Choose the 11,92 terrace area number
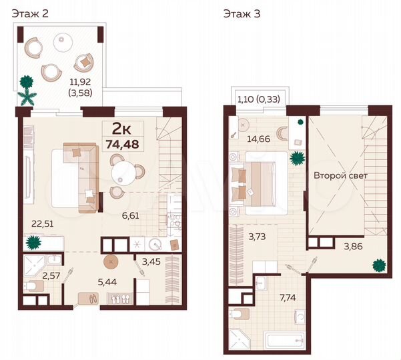click(80, 83)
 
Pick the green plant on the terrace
click(27, 89)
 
